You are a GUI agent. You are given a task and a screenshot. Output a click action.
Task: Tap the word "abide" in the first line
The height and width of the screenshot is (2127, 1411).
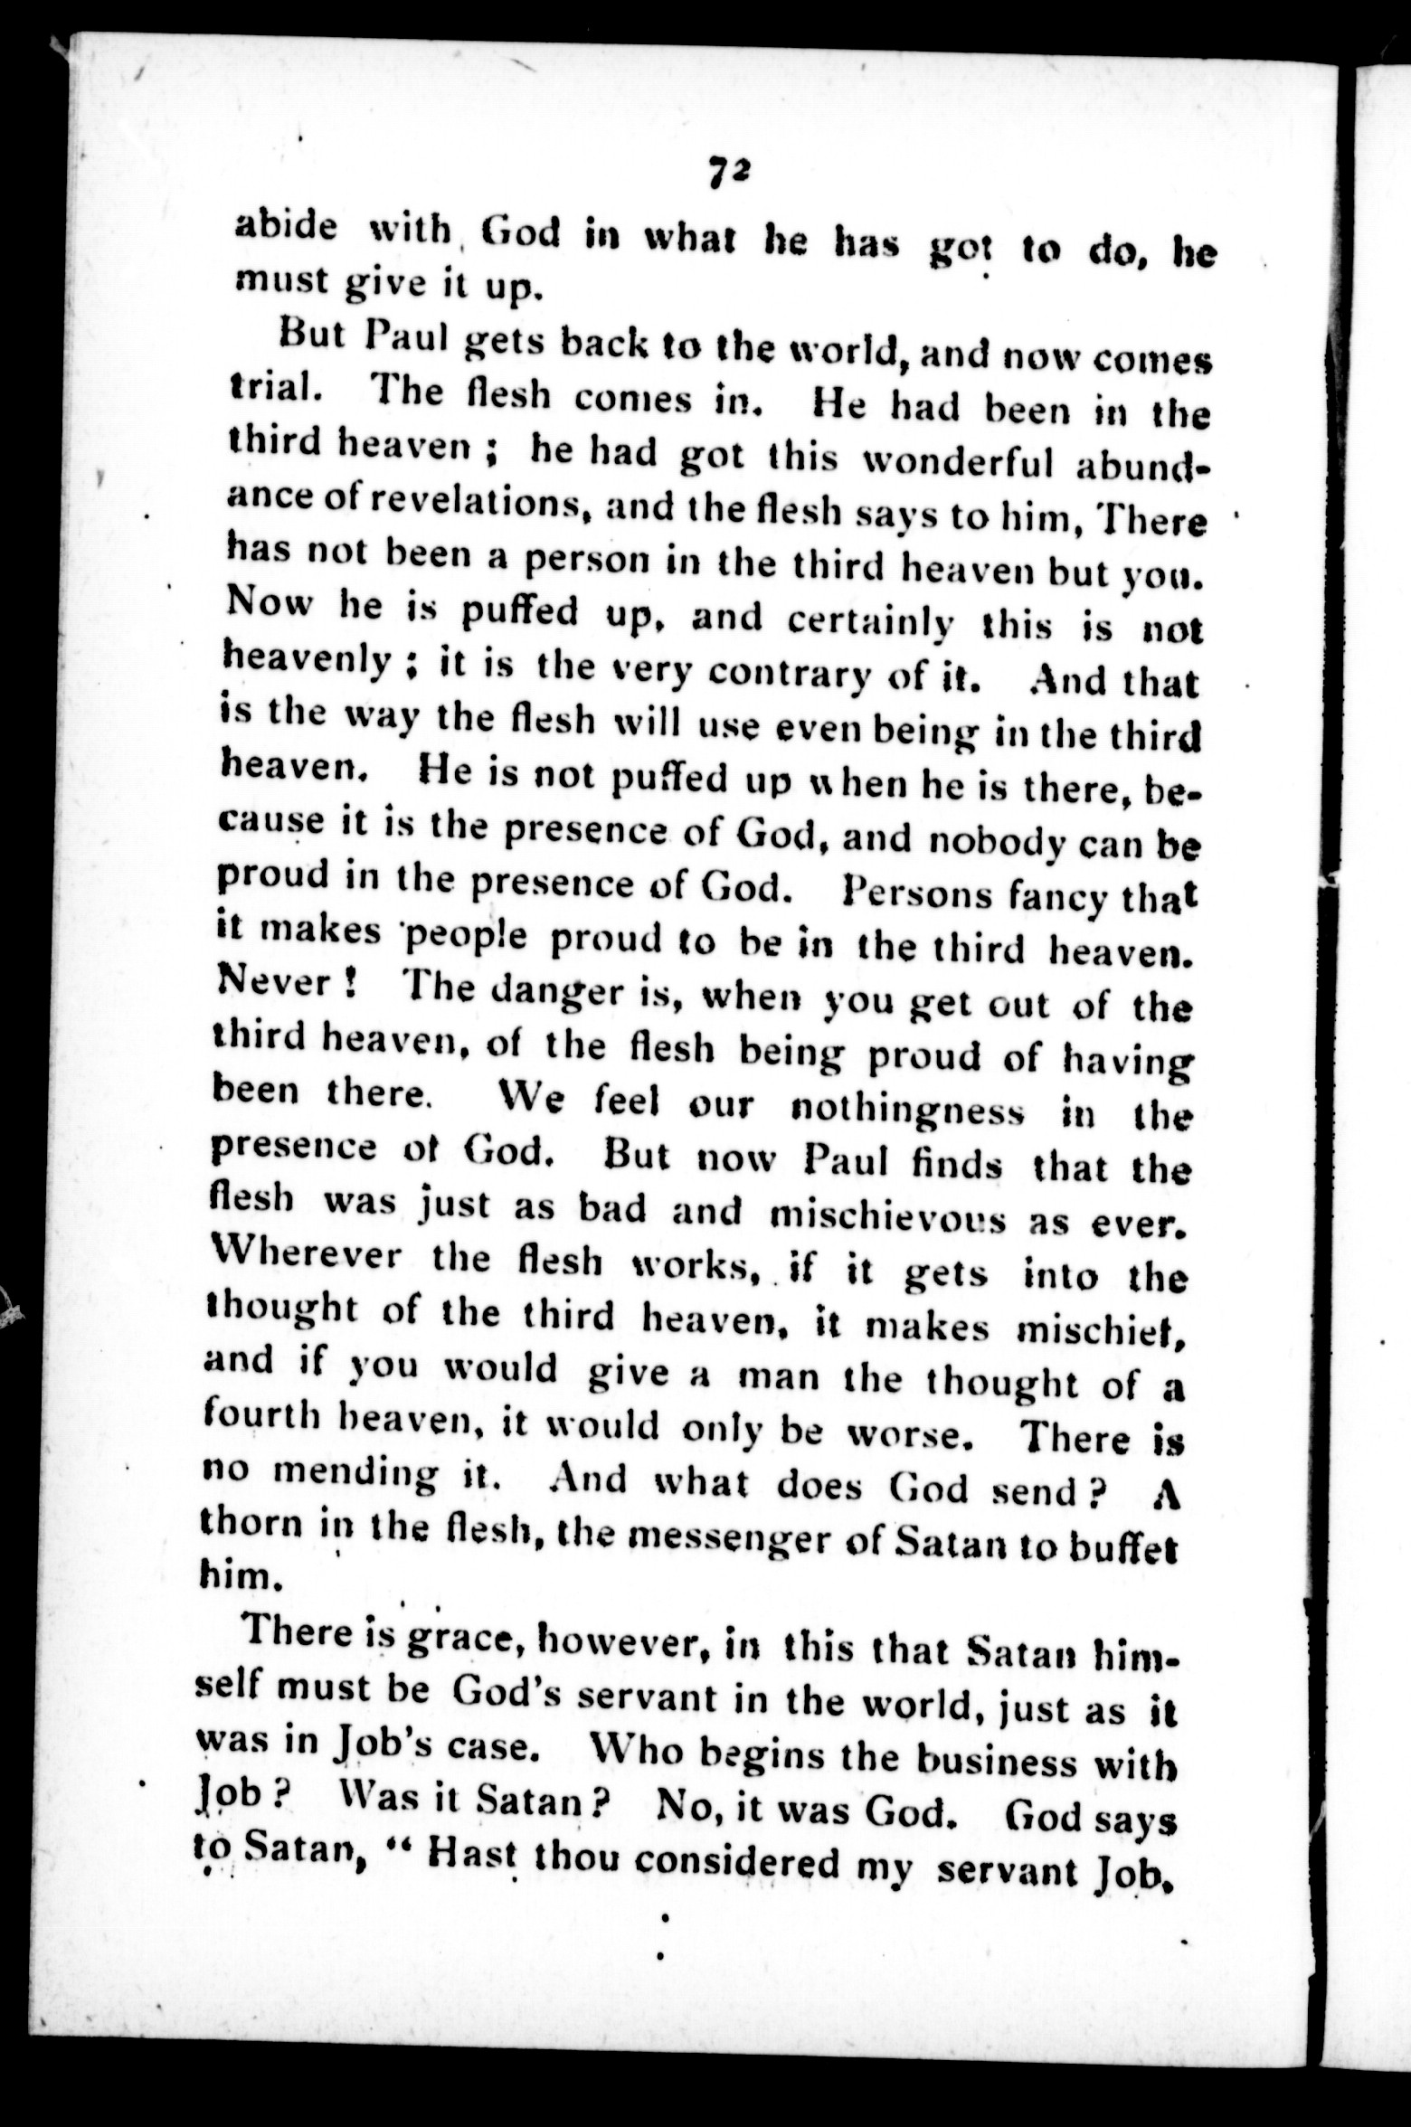tap(285, 226)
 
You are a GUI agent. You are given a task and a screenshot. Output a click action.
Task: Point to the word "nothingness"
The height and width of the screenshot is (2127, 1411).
tap(907, 1111)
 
